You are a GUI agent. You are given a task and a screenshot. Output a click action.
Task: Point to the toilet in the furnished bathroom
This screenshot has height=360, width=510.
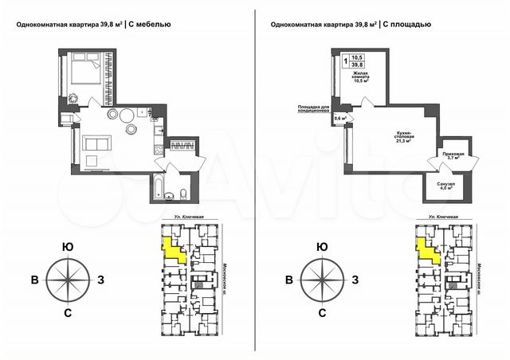point(182,194)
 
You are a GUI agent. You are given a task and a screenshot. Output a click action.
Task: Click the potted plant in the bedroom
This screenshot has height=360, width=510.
point(72,98)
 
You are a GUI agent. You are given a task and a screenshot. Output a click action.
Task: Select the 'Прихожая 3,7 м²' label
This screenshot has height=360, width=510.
point(453,156)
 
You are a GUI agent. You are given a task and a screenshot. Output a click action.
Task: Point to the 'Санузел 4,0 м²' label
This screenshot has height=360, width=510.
point(446,186)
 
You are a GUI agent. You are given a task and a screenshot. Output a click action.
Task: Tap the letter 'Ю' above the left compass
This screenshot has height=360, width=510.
point(68,248)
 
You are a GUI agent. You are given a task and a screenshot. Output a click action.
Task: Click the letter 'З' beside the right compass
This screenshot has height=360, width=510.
point(355,280)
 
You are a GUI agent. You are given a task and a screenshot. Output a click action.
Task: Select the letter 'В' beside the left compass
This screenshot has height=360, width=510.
point(34,280)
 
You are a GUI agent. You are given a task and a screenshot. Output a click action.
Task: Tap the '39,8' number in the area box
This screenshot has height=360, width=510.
point(357,66)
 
